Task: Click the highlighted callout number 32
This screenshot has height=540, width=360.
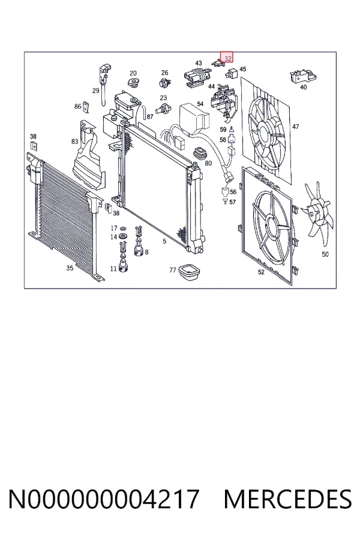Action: [x=228, y=59]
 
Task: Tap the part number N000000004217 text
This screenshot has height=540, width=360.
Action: [x=103, y=499]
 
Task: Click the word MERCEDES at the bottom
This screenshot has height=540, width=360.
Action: [x=287, y=499]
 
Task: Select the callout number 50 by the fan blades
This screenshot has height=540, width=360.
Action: [x=325, y=254]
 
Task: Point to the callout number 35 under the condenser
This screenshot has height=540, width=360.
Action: [x=70, y=268]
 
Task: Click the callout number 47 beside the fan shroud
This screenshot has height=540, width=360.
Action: [x=296, y=127]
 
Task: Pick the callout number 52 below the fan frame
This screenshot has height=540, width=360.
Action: [x=261, y=272]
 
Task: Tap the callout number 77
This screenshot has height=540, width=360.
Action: [x=173, y=271]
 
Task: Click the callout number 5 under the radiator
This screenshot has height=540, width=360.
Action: [x=164, y=241]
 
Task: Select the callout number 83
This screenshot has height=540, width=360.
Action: [x=75, y=141]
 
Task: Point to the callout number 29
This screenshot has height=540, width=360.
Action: [x=96, y=91]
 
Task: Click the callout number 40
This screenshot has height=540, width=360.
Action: [x=303, y=87]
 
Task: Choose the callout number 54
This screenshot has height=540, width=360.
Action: [x=200, y=104]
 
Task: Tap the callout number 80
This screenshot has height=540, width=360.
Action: [x=208, y=163]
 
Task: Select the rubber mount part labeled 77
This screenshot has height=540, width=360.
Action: [x=190, y=272]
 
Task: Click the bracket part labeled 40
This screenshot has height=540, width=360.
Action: [x=302, y=76]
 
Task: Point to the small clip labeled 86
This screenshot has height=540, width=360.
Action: [x=87, y=107]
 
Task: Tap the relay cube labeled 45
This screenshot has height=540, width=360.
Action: [x=231, y=73]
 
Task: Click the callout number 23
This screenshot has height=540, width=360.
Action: [x=163, y=98]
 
